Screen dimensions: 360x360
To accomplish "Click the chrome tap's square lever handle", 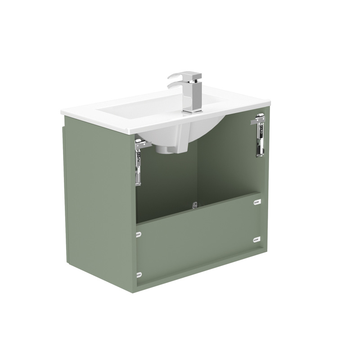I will [184, 76].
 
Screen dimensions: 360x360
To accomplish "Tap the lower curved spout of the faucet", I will [175, 85].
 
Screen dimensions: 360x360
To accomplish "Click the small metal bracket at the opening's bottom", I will [195, 205].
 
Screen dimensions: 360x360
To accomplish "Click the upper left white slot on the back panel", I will [139, 234].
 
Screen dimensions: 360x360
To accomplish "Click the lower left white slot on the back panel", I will [139, 274].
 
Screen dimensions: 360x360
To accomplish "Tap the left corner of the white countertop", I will [63, 111].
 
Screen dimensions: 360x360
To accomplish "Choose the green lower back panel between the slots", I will [198, 243].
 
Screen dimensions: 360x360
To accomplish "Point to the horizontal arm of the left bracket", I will [143, 144].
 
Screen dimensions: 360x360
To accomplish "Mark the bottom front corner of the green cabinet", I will [135, 292].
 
